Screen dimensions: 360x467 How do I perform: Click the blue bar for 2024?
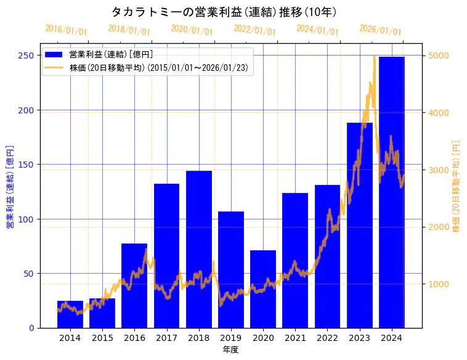point(392,192)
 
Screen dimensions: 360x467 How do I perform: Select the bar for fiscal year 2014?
point(70,314)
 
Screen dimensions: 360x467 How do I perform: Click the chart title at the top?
point(224,12)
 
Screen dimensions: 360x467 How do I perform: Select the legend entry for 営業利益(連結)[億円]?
point(111,55)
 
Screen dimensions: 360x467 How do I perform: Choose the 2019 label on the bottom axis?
point(231,337)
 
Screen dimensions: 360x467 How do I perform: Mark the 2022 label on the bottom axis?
point(327,337)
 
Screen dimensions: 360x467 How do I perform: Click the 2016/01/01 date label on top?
point(67,30)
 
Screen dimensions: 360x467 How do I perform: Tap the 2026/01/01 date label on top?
point(380,30)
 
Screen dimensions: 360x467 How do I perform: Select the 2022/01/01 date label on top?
point(254,30)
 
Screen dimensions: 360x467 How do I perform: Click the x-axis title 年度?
point(230,350)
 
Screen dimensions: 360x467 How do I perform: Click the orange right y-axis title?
point(457,186)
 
